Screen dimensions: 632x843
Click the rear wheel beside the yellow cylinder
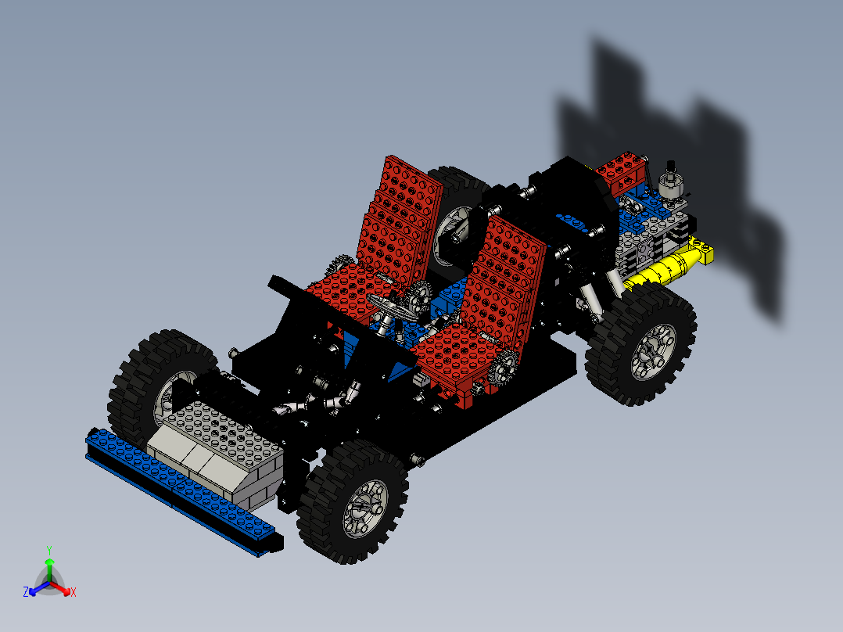click(644, 343)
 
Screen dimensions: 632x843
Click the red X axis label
click(74, 593)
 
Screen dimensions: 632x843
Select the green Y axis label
click(48, 550)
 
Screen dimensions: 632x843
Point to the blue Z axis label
click(26, 593)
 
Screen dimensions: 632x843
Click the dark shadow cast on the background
click(688, 156)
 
